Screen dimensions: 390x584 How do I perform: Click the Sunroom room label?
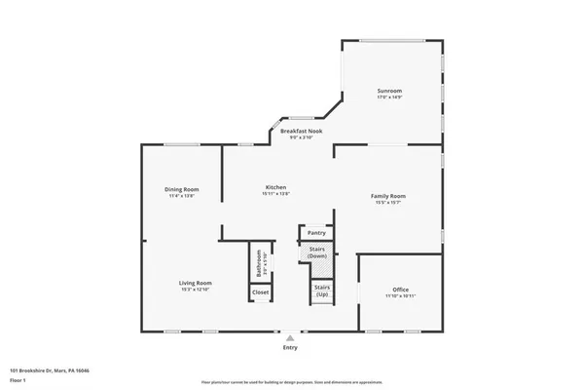pyautogui.click(x=389, y=90)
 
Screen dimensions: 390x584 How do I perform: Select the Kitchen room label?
pyautogui.click(x=276, y=187)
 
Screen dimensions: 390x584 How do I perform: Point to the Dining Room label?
pyautogui.click(x=181, y=189)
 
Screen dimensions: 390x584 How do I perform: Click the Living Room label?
pyautogui.click(x=195, y=283)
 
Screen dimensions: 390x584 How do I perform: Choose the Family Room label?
pyautogui.click(x=387, y=196)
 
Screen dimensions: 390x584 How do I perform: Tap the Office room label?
pyautogui.click(x=401, y=290)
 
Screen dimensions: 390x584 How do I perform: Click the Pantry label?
pyautogui.click(x=316, y=233)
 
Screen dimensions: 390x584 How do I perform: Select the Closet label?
pyautogui.click(x=261, y=292)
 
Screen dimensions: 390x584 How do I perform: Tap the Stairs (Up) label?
pyautogui.click(x=321, y=290)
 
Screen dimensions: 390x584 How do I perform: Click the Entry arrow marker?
pyautogui.click(x=289, y=337)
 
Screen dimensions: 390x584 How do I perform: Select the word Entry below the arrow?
pyautogui.click(x=289, y=347)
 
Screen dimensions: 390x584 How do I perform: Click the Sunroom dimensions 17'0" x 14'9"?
pyautogui.click(x=389, y=97)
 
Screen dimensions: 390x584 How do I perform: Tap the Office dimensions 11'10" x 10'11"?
pyautogui.click(x=401, y=296)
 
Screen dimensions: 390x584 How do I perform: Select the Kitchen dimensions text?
pyautogui.click(x=276, y=194)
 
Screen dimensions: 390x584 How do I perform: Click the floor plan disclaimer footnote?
pyautogui.click(x=292, y=382)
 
